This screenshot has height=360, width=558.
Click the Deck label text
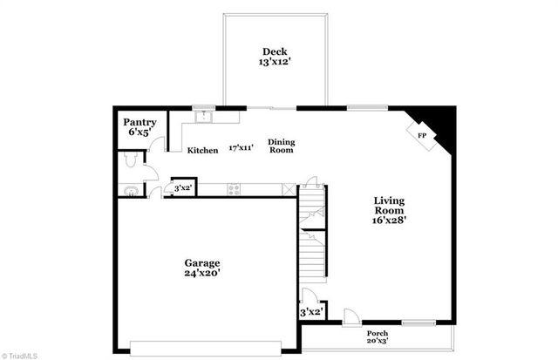pos(275,50)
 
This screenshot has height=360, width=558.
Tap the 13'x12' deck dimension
pos(275,62)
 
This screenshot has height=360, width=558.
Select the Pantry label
pos(139,122)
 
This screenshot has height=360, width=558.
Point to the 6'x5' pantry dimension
pos(139,132)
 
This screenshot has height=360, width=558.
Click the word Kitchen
pos(203,150)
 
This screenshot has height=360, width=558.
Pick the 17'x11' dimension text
pos(241,148)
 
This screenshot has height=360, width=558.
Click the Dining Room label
pos(281,146)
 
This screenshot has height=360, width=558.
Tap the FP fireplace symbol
pos(422,137)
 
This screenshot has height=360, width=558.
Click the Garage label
pos(201,262)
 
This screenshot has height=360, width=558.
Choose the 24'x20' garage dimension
pos(201,274)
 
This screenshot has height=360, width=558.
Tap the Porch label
pos(378,334)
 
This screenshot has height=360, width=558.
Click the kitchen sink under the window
pos(207,114)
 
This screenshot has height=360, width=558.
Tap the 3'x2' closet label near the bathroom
pos(183,188)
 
